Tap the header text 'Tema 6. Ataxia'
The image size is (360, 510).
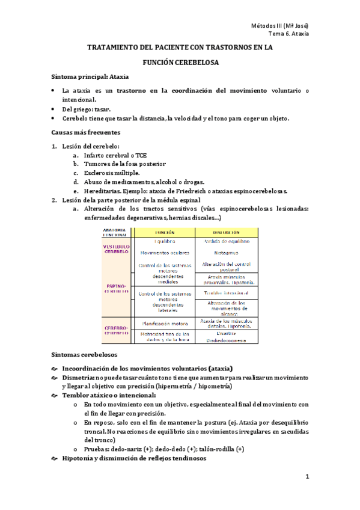288,34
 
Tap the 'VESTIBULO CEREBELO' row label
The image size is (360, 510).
117,249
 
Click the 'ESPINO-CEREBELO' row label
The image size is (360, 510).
117,288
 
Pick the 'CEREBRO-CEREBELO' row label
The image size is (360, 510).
117,330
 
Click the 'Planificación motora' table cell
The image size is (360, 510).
164,322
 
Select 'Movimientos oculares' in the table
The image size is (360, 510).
164,253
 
